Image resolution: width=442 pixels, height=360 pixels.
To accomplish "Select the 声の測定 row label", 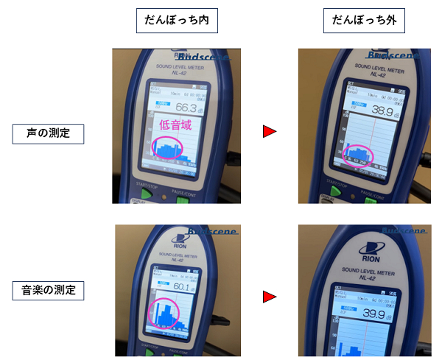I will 49,134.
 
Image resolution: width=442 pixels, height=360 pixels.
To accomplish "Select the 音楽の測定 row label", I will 49,290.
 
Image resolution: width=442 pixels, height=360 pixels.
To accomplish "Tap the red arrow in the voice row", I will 270,132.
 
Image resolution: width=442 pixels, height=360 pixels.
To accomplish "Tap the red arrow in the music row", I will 270,297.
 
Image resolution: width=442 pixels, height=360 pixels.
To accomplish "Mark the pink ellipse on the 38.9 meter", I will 359,156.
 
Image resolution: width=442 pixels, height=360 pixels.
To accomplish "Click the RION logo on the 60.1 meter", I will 178,240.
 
